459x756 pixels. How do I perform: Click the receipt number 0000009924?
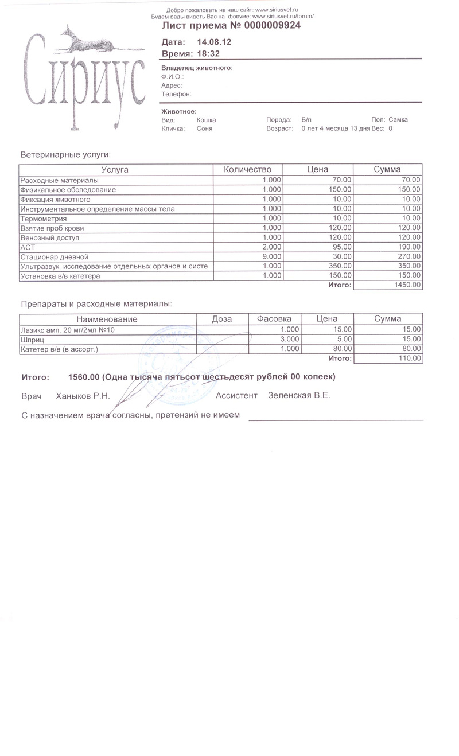tap(272, 26)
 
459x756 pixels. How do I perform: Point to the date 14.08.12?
tap(214, 42)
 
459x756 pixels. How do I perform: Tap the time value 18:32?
tap(208, 53)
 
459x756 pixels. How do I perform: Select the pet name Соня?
tap(204, 129)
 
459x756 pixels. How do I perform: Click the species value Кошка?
tap(206, 120)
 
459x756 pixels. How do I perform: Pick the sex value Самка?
tap(398, 120)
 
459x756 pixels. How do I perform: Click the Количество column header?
tap(247, 170)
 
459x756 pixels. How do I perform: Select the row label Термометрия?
tap(44, 219)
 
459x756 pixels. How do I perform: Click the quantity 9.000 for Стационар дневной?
tap(271, 257)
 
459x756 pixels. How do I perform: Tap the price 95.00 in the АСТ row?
tap(342, 247)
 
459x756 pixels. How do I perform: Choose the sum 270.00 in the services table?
tap(410, 257)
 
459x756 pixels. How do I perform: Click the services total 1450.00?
tap(408, 285)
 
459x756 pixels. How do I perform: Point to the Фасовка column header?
tap(274, 319)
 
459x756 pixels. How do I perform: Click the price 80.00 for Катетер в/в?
tap(342, 349)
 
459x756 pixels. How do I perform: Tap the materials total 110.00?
tap(410, 358)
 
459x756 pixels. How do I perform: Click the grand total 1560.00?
tap(84, 377)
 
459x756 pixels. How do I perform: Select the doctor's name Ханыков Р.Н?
tap(83, 396)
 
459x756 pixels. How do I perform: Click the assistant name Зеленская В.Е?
tap(299, 396)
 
